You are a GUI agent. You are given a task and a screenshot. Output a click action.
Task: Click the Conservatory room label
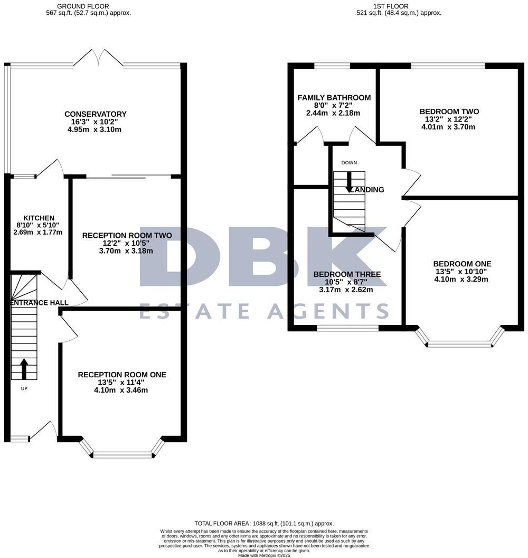pyautogui.click(x=96, y=114)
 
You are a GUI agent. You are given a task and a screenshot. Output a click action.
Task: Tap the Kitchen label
pyautogui.click(x=38, y=218)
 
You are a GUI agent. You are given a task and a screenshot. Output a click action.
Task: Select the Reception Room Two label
pyautogui.click(x=127, y=235)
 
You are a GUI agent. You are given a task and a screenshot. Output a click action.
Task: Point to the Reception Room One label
pyautogui.click(x=122, y=375)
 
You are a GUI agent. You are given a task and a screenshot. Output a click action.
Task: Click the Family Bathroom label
pyautogui.click(x=334, y=98)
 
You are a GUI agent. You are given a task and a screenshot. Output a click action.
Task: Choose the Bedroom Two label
pyautogui.click(x=449, y=111)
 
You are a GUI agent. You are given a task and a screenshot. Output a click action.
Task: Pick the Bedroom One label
pyautogui.click(x=462, y=264)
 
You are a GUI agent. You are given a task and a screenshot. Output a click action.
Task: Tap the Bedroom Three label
pyautogui.click(x=347, y=274)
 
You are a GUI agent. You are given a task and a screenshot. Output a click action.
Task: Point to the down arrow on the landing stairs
pyautogui.click(x=348, y=182)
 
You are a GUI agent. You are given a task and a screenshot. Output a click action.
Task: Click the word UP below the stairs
pyautogui.click(x=24, y=389)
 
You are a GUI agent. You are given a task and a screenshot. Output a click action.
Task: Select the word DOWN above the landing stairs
pyautogui.click(x=349, y=163)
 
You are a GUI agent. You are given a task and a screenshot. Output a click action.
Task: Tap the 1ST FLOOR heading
pyautogui.click(x=390, y=6)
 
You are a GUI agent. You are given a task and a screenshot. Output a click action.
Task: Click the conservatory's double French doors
pyautogui.click(x=99, y=58)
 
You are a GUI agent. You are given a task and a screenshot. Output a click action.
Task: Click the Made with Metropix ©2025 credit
pyautogui.click(x=264, y=555)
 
